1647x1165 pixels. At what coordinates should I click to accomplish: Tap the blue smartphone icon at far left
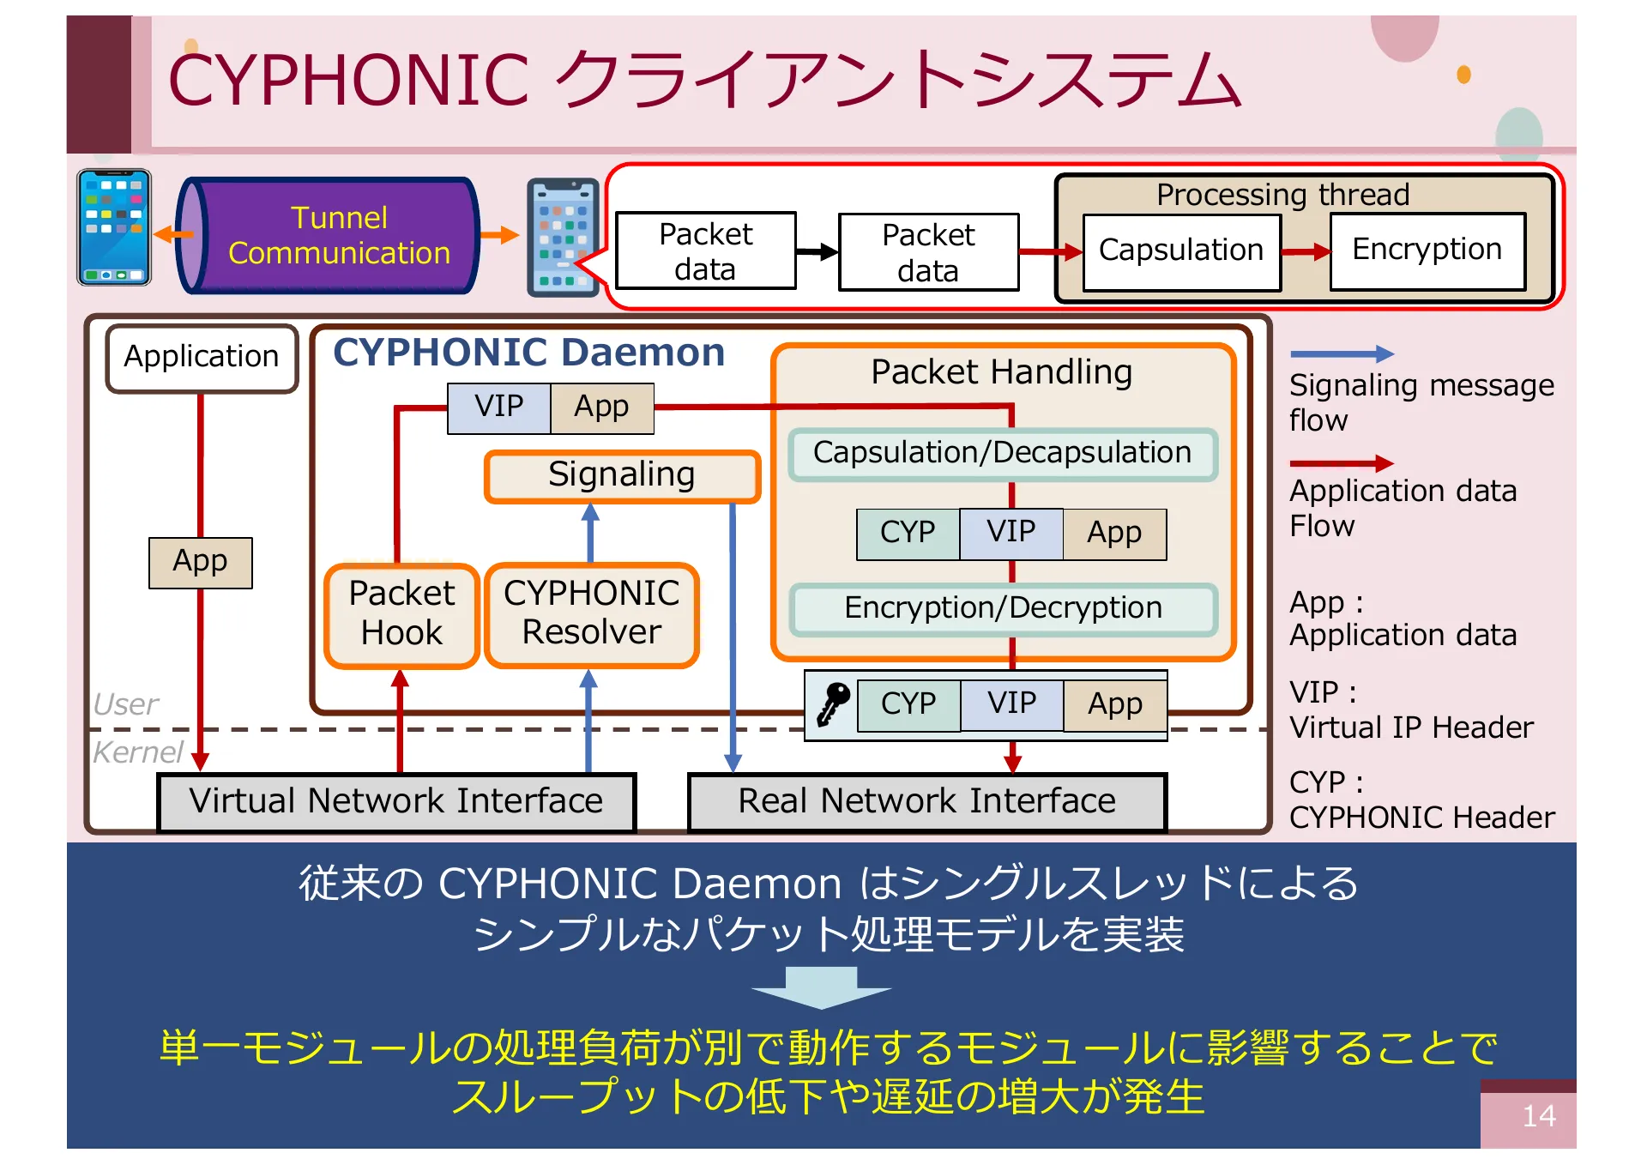113,227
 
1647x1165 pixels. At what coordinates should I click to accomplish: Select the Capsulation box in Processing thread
1180,251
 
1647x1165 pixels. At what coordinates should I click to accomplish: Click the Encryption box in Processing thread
1427,250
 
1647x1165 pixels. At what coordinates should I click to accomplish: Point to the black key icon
832,704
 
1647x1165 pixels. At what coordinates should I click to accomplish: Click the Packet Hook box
401,613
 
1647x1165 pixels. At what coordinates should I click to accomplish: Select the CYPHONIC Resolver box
591,613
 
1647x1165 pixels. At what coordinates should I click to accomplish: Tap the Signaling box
621,475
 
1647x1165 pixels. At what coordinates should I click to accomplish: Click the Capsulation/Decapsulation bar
1002,453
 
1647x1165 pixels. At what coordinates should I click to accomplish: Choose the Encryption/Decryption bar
1002,608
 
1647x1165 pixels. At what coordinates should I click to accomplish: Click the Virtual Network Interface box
395,801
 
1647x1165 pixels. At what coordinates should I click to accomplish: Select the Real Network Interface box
926,801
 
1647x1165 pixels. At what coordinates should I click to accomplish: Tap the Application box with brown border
202,357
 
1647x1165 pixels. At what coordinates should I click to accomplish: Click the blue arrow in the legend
1342,353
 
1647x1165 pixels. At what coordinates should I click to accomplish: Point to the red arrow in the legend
1342,463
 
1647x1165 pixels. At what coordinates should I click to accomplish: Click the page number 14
1538,1116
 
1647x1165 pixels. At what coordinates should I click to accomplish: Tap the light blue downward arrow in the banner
821,987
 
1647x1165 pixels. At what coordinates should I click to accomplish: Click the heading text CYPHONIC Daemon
528,353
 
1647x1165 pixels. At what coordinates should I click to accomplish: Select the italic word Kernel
137,752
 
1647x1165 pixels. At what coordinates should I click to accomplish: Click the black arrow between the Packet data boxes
816,251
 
